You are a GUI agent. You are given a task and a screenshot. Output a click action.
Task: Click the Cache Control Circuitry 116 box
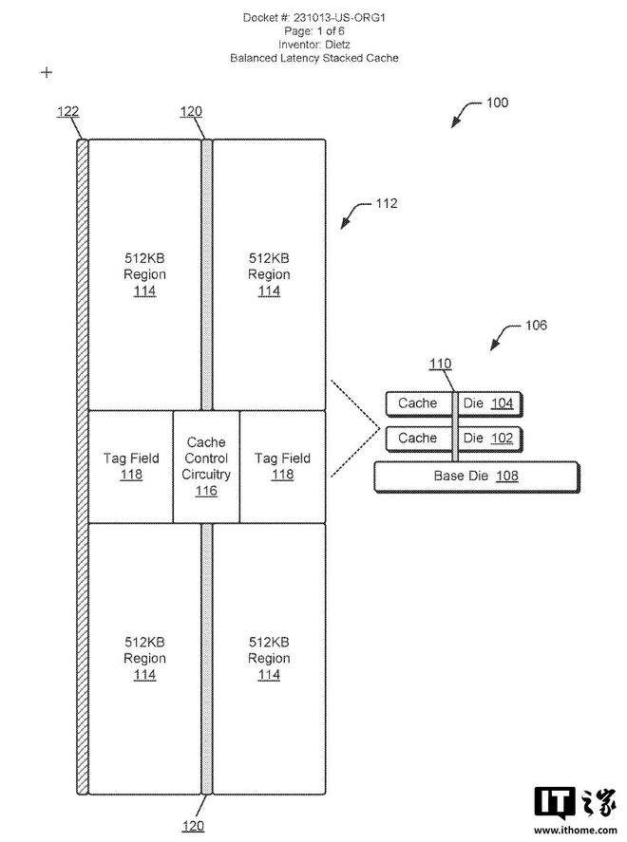(x=206, y=466)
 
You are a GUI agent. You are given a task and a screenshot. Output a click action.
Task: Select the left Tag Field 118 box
(x=130, y=466)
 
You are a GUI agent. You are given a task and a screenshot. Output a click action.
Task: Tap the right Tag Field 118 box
(x=282, y=466)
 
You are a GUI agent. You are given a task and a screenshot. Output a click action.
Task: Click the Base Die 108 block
(x=476, y=476)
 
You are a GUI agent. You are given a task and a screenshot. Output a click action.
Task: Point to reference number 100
(x=497, y=103)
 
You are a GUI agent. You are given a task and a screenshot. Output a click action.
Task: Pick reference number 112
(x=387, y=203)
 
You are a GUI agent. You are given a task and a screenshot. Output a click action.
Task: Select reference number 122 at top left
(x=67, y=111)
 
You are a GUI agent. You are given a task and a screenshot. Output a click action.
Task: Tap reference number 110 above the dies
(x=441, y=364)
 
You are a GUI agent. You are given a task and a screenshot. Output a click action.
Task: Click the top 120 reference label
(x=191, y=111)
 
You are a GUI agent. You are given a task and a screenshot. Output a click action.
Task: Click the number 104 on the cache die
(x=502, y=403)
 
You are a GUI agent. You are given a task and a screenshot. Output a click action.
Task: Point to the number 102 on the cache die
(x=502, y=439)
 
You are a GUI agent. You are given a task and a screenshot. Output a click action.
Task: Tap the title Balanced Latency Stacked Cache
(x=313, y=58)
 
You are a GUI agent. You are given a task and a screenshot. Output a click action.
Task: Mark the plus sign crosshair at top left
(x=46, y=72)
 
